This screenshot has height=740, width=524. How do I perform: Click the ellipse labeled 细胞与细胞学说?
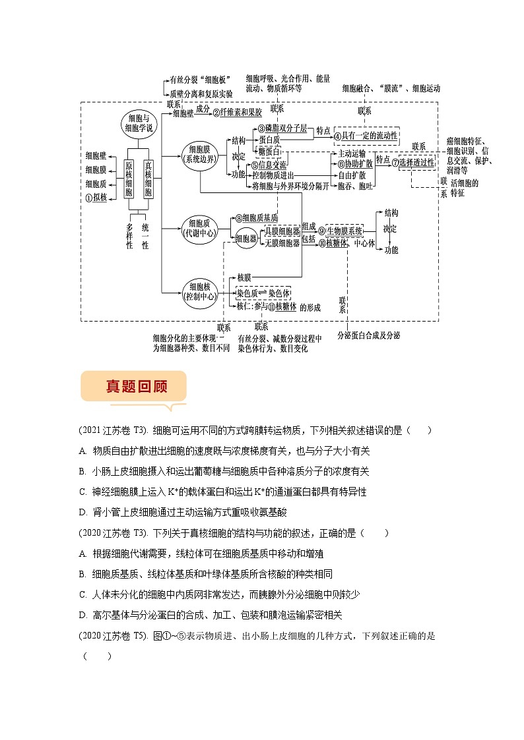click(141, 124)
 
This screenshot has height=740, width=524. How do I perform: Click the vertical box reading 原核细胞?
click(129, 178)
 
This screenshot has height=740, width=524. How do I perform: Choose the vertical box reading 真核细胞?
click(148, 178)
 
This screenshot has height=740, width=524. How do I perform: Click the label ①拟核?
click(96, 197)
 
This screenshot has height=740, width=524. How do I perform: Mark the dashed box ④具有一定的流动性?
click(367, 135)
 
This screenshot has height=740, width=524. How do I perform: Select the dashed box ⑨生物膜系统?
click(341, 231)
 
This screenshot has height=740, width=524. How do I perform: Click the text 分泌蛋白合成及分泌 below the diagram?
click(368, 335)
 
